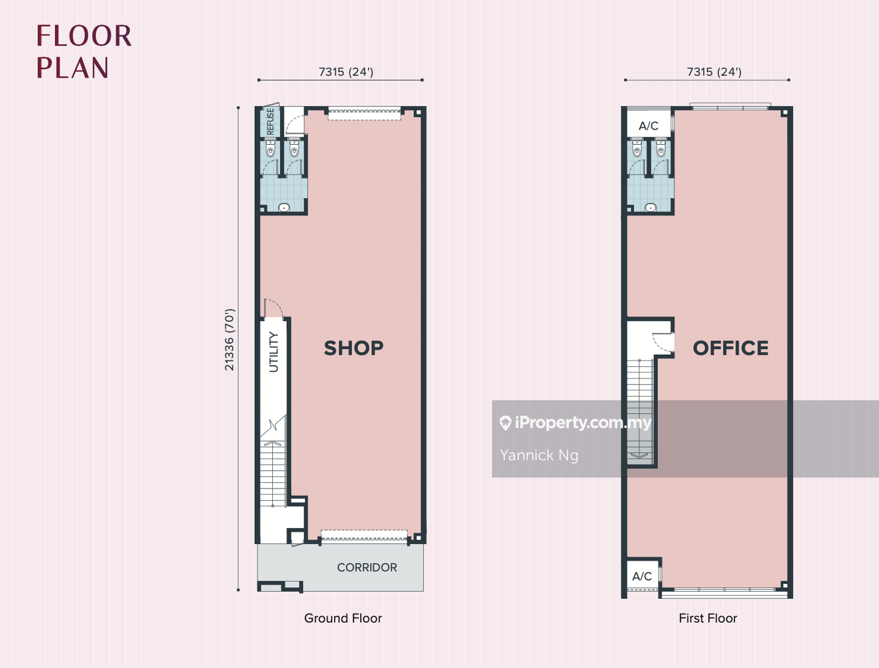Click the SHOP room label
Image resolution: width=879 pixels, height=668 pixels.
(x=353, y=348)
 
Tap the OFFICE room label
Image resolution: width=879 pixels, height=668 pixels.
(x=731, y=348)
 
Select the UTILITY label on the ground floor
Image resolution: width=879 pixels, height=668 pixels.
(x=274, y=352)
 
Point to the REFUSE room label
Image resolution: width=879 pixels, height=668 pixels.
(x=270, y=122)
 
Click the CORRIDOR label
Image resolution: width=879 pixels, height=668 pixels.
(x=367, y=567)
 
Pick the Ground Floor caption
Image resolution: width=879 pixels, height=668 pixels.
(x=343, y=619)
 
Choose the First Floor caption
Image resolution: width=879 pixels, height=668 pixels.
(x=707, y=619)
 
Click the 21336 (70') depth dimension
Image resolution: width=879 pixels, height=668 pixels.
(x=229, y=339)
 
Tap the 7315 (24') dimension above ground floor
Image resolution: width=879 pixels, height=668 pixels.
(x=346, y=72)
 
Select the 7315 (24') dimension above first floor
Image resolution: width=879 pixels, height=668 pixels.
(x=714, y=72)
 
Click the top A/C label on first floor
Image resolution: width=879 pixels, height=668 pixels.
(x=648, y=126)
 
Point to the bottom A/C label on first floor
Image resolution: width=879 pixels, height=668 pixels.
(x=642, y=576)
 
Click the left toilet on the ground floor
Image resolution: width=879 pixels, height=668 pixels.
(x=270, y=148)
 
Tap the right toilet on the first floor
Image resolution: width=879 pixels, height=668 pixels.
(x=660, y=148)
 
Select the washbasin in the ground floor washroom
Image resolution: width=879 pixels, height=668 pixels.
(x=284, y=208)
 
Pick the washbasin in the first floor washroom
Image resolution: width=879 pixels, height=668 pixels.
(x=650, y=208)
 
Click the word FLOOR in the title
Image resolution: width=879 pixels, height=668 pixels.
(x=84, y=36)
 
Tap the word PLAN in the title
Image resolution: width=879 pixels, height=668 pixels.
(x=73, y=67)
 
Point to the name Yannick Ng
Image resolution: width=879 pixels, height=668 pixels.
(x=539, y=456)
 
